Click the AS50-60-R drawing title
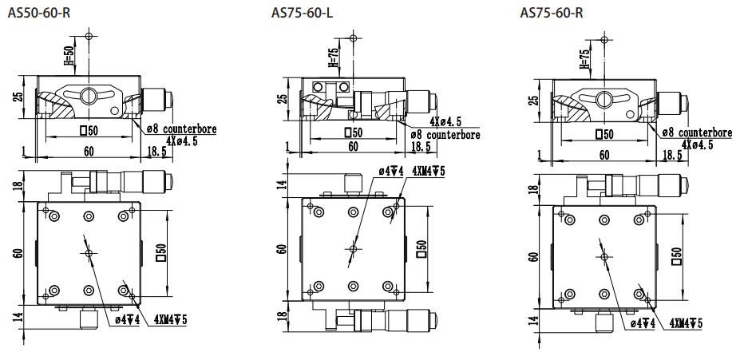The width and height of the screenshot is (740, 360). pyautogui.click(x=38, y=13)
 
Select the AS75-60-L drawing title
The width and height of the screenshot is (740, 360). pyautogui.click(x=302, y=13)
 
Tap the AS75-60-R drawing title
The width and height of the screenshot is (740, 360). pyautogui.click(x=552, y=13)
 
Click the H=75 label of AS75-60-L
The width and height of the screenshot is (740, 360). pyautogui.click(x=333, y=57)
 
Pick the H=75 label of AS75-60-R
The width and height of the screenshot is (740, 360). pyautogui.click(x=584, y=59)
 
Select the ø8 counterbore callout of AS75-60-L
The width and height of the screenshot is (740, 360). pyautogui.click(x=445, y=135)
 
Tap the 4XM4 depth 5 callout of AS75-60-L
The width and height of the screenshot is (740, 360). pyautogui.click(x=429, y=172)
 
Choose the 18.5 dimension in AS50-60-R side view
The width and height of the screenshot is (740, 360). pyautogui.click(x=156, y=151)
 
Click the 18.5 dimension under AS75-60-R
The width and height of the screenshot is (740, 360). pyautogui.click(x=672, y=154)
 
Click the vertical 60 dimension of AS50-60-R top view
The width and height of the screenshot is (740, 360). pyautogui.click(x=19, y=253)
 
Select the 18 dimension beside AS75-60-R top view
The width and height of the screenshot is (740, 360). pyautogui.click(x=533, y=190)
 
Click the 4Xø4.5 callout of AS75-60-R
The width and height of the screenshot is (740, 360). pyautogui.click(x=697, y=144)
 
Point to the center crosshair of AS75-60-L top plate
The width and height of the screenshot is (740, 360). pyautogui.click(x=353, y=249)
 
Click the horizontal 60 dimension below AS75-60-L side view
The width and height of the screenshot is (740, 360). pyautogui.click(x=353, y=147)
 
